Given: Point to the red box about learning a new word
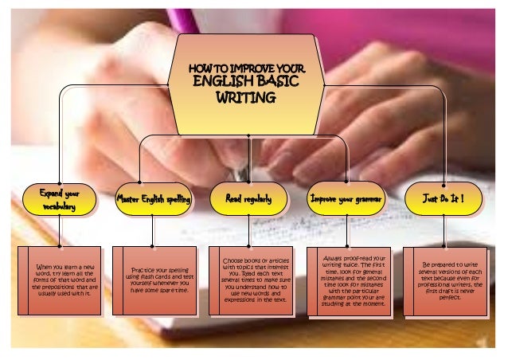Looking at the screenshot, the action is [61, 280].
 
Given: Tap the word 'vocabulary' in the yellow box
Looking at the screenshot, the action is [60, 206].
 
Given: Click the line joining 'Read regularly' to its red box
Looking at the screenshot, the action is [249, 230].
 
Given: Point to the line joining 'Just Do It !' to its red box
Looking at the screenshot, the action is [444, 230].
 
